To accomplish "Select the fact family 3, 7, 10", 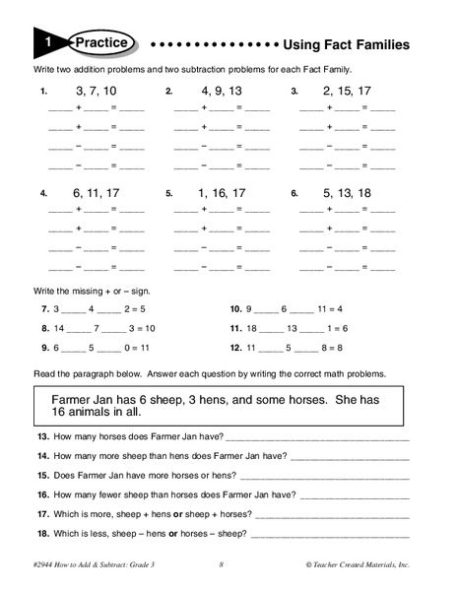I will (96, 92).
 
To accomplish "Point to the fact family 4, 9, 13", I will (221, 92).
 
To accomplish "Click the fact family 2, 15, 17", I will (346, 92).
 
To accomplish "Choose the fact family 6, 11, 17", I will (96, 193).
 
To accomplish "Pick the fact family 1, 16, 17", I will (221, 193).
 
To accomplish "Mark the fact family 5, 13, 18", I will (346, 193).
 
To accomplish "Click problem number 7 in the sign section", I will (44, 308).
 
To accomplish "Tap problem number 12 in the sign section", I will (235, 348).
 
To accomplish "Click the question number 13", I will (43, 436).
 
